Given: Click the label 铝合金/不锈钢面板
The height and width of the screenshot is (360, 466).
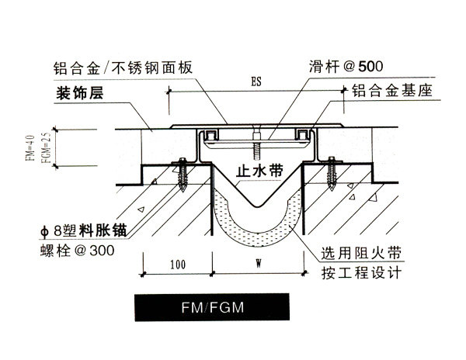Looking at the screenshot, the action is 123,67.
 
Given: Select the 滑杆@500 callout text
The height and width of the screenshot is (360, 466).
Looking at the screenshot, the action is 346,67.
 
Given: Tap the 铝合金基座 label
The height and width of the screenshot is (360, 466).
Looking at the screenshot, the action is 392,91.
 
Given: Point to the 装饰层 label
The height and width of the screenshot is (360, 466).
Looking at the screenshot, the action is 80,92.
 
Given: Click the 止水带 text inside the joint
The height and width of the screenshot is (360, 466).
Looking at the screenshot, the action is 259,171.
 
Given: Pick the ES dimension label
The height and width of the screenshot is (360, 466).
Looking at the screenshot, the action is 256,81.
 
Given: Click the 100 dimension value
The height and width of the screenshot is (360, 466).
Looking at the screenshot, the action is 178,265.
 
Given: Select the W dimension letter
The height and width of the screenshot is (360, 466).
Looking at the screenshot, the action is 259,263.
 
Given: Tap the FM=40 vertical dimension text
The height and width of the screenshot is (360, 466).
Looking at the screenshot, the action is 30,147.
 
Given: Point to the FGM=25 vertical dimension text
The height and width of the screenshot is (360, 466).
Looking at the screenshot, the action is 46,147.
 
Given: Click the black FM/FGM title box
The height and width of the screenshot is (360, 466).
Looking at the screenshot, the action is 212,307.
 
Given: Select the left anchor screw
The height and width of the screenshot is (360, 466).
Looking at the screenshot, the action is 182,175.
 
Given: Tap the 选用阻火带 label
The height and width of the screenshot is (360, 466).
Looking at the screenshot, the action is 361,253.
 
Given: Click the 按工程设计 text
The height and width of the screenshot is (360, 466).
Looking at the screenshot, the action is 361,272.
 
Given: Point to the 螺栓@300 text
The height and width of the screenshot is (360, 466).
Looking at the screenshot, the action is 77,251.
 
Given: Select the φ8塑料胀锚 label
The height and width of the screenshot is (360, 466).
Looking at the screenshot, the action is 84,230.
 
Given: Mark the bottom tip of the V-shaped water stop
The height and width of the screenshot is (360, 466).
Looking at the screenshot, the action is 257,206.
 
